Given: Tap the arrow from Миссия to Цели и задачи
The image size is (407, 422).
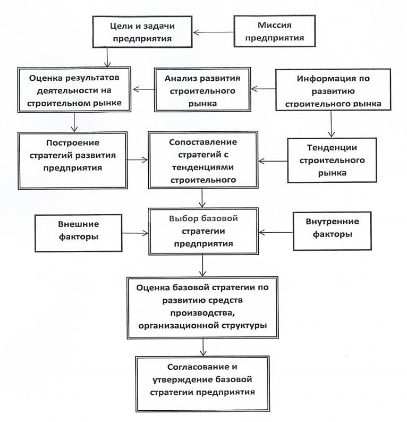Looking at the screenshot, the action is [213, 32].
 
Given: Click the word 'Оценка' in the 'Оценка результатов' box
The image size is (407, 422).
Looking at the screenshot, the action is [45, 78].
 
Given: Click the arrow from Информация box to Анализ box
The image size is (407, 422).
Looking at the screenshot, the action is [264, 89].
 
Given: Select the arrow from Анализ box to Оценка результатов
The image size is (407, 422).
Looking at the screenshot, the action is [143, 89].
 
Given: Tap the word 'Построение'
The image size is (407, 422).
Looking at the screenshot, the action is [73, 142].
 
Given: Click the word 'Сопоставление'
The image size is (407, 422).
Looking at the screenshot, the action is [203, 142].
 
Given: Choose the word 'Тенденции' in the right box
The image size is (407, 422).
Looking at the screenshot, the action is [332, 148].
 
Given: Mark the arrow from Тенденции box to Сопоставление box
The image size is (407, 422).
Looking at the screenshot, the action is [273, 161].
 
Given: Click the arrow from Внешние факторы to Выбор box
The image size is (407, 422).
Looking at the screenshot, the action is [135, 233].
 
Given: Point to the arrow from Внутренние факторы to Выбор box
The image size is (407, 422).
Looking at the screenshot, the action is [276, 232].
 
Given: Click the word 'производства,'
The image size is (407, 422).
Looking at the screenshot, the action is [204, 313].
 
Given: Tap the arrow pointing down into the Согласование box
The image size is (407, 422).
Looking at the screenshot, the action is [203, 347].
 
